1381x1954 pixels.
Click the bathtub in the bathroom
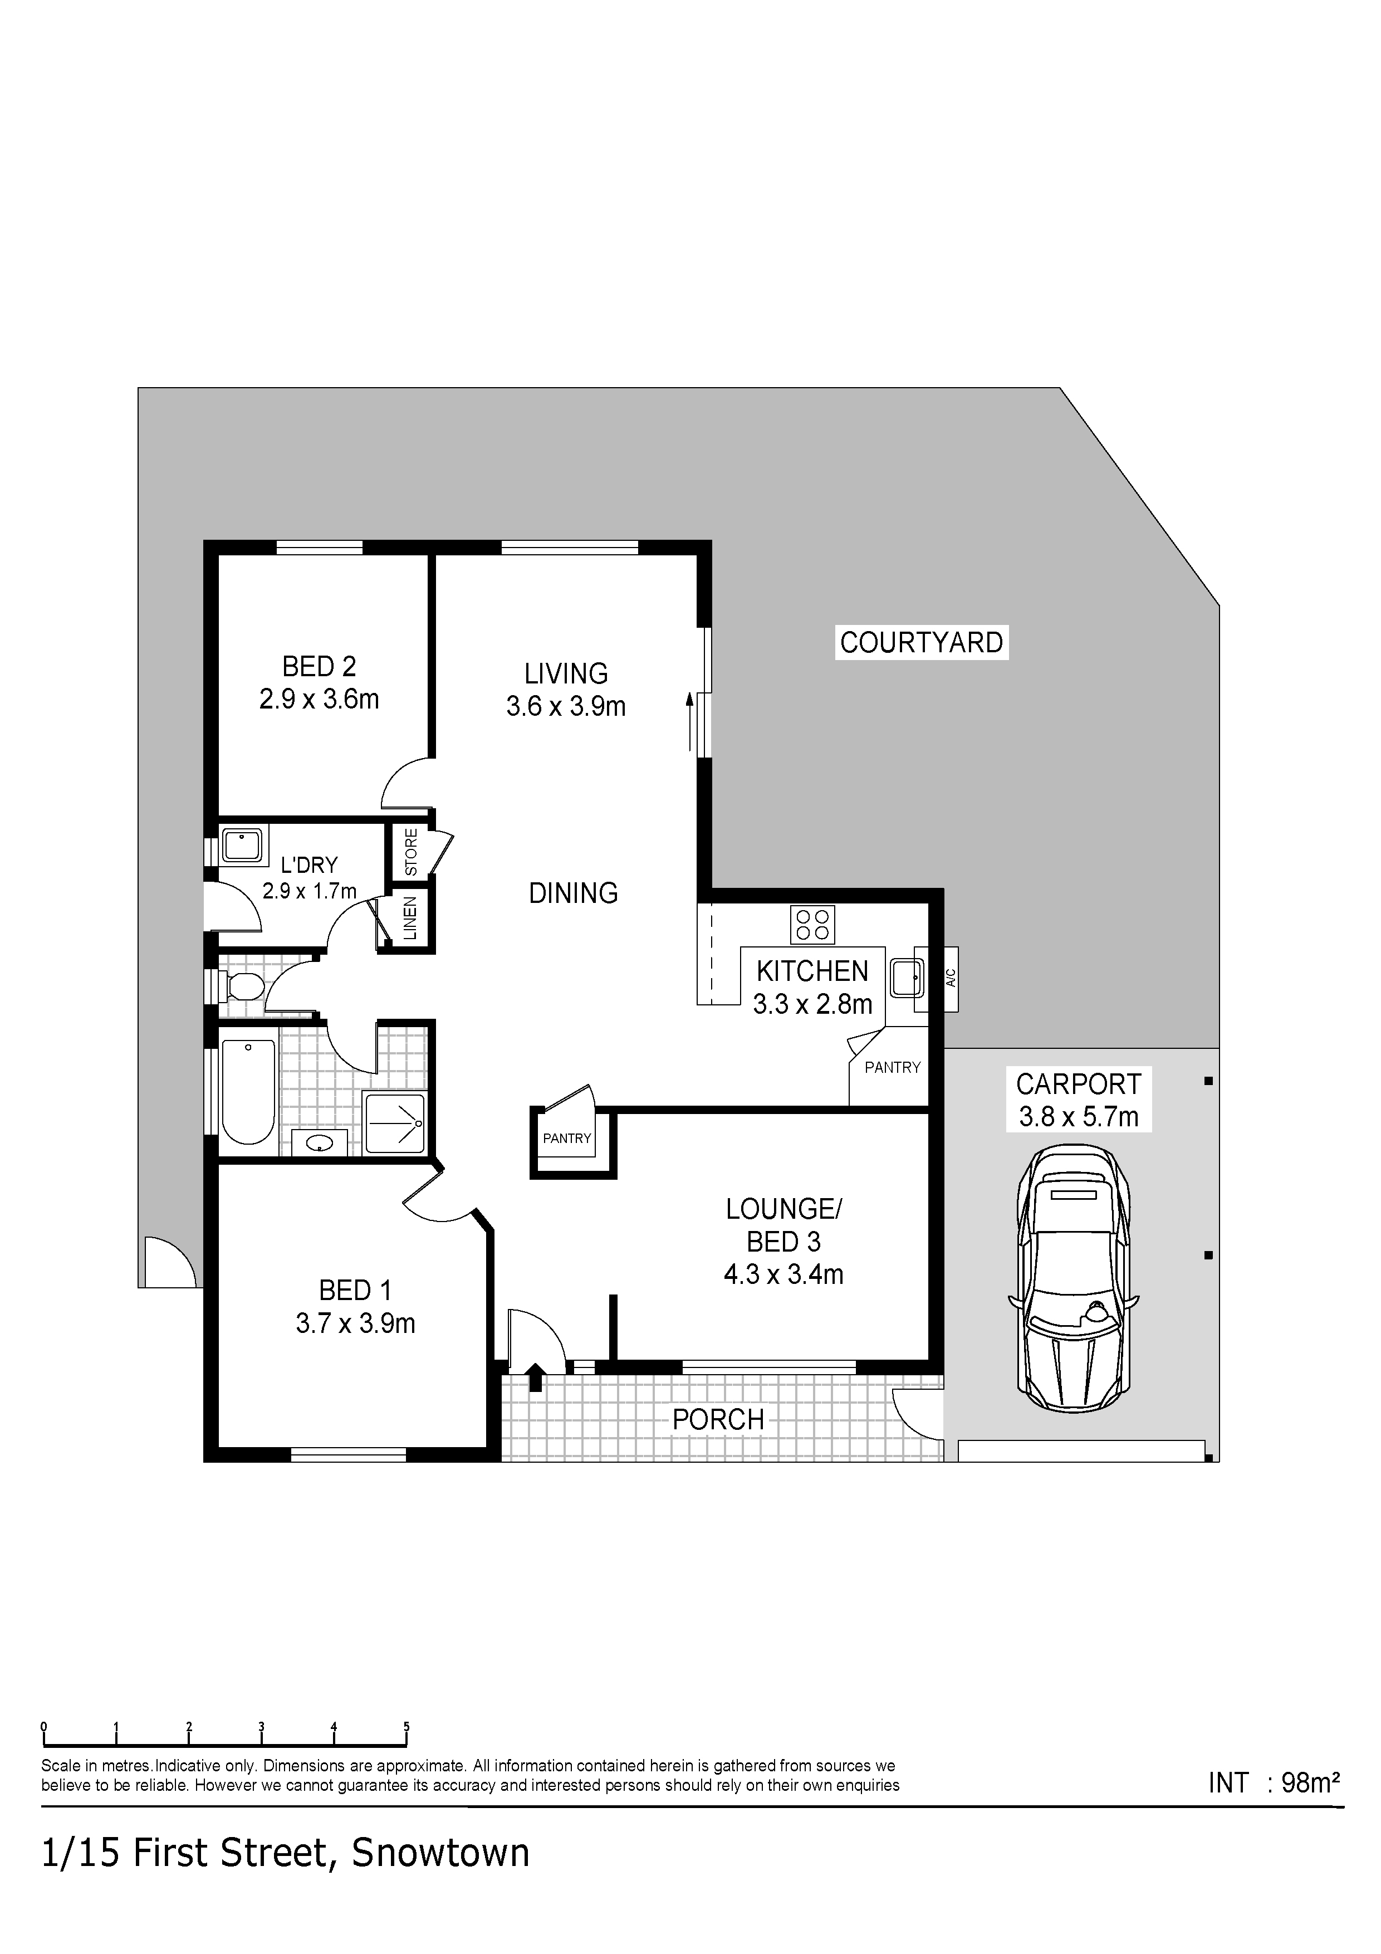(x=248, y=1092)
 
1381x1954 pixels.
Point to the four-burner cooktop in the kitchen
(x=812, y=924)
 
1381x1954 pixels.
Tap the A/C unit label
(x=951, y=979)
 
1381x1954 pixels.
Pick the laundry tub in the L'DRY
(x=244, y=845)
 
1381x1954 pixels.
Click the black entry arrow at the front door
(x=535, y=1377)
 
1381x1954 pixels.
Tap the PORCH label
(x=718, y=1419)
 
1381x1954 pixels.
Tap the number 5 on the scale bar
(x=406, y=1727)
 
